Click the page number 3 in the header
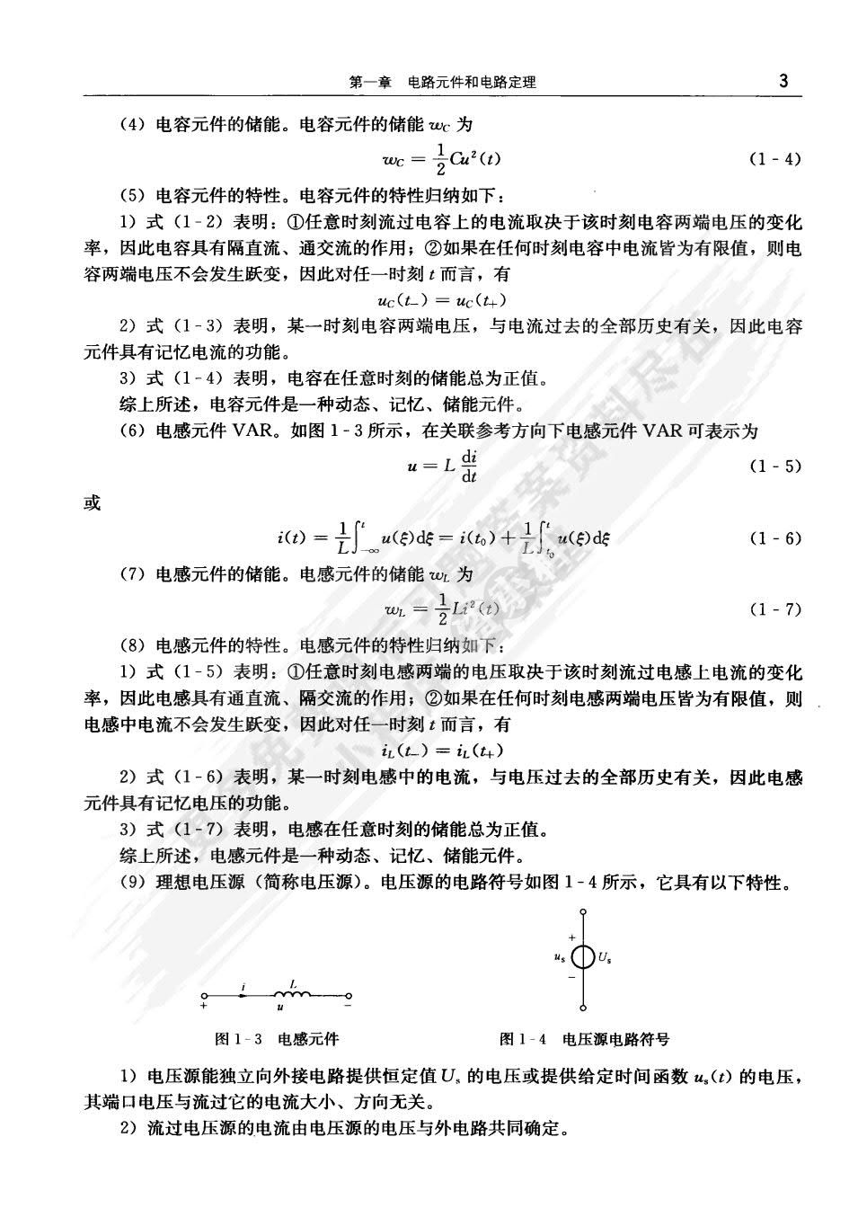(x=783, y=81)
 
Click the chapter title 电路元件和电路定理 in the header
(x=472, y=83)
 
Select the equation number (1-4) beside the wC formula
(x=774, y=159)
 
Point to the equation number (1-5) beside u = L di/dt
(x=774, y=466)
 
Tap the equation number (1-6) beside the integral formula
(x=774, y=538)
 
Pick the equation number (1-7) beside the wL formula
(x=774, y=609)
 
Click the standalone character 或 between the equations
(x=93, y=503)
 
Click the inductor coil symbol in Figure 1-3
(x=292, y=993)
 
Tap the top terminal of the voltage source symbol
(x=583, y=911)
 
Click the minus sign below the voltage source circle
(x=571, y=976)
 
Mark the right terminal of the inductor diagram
(x=349, y=995)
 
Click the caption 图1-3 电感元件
(x=277, y=1039)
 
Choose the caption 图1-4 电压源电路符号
(x=584, y=1039)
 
